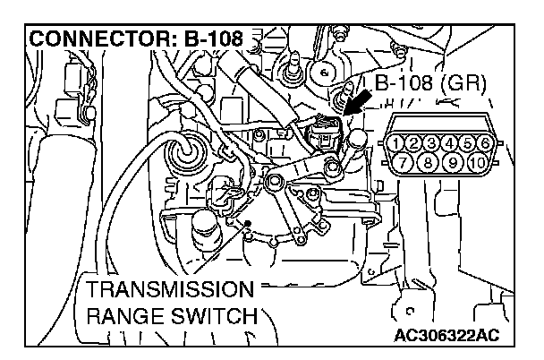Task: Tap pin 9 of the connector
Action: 456,162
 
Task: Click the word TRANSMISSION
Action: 166,290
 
